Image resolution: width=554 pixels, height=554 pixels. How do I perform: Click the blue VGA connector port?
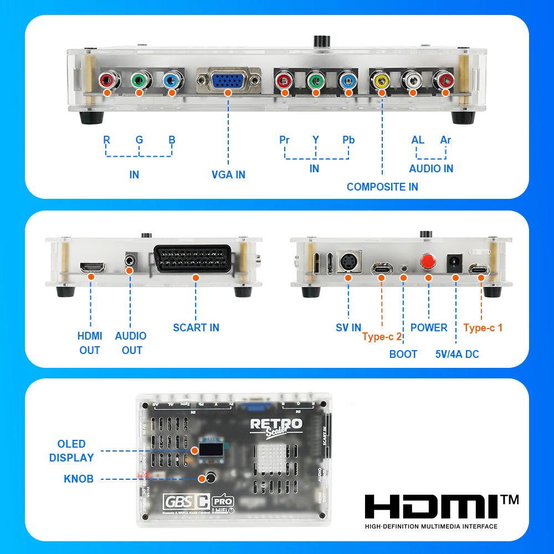point(228,82)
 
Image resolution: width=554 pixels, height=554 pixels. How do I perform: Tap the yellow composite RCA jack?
point(381,81)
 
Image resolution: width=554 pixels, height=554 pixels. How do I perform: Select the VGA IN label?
point(228,175)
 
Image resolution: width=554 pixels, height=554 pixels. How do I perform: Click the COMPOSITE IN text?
point(382,187)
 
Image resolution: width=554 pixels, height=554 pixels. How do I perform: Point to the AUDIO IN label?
point(431,168)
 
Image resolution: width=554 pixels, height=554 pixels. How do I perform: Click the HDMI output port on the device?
point(92,268)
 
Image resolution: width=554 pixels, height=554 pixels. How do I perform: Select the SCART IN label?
point(196,327)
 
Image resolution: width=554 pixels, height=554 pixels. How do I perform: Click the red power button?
point(427,261)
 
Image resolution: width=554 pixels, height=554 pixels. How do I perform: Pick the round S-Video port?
point(348,263)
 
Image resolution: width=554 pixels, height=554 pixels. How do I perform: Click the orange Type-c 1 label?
point(483,327)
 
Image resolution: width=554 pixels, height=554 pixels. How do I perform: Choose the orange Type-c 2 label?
point(382,337)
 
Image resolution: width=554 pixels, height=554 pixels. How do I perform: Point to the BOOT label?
point(403,354)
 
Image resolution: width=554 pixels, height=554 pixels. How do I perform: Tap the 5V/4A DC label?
point(457,354)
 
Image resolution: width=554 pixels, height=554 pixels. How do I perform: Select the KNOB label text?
point(79,479)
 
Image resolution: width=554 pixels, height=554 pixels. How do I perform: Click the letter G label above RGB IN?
point(139,140)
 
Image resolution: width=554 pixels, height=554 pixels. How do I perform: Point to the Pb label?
point(348,140)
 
